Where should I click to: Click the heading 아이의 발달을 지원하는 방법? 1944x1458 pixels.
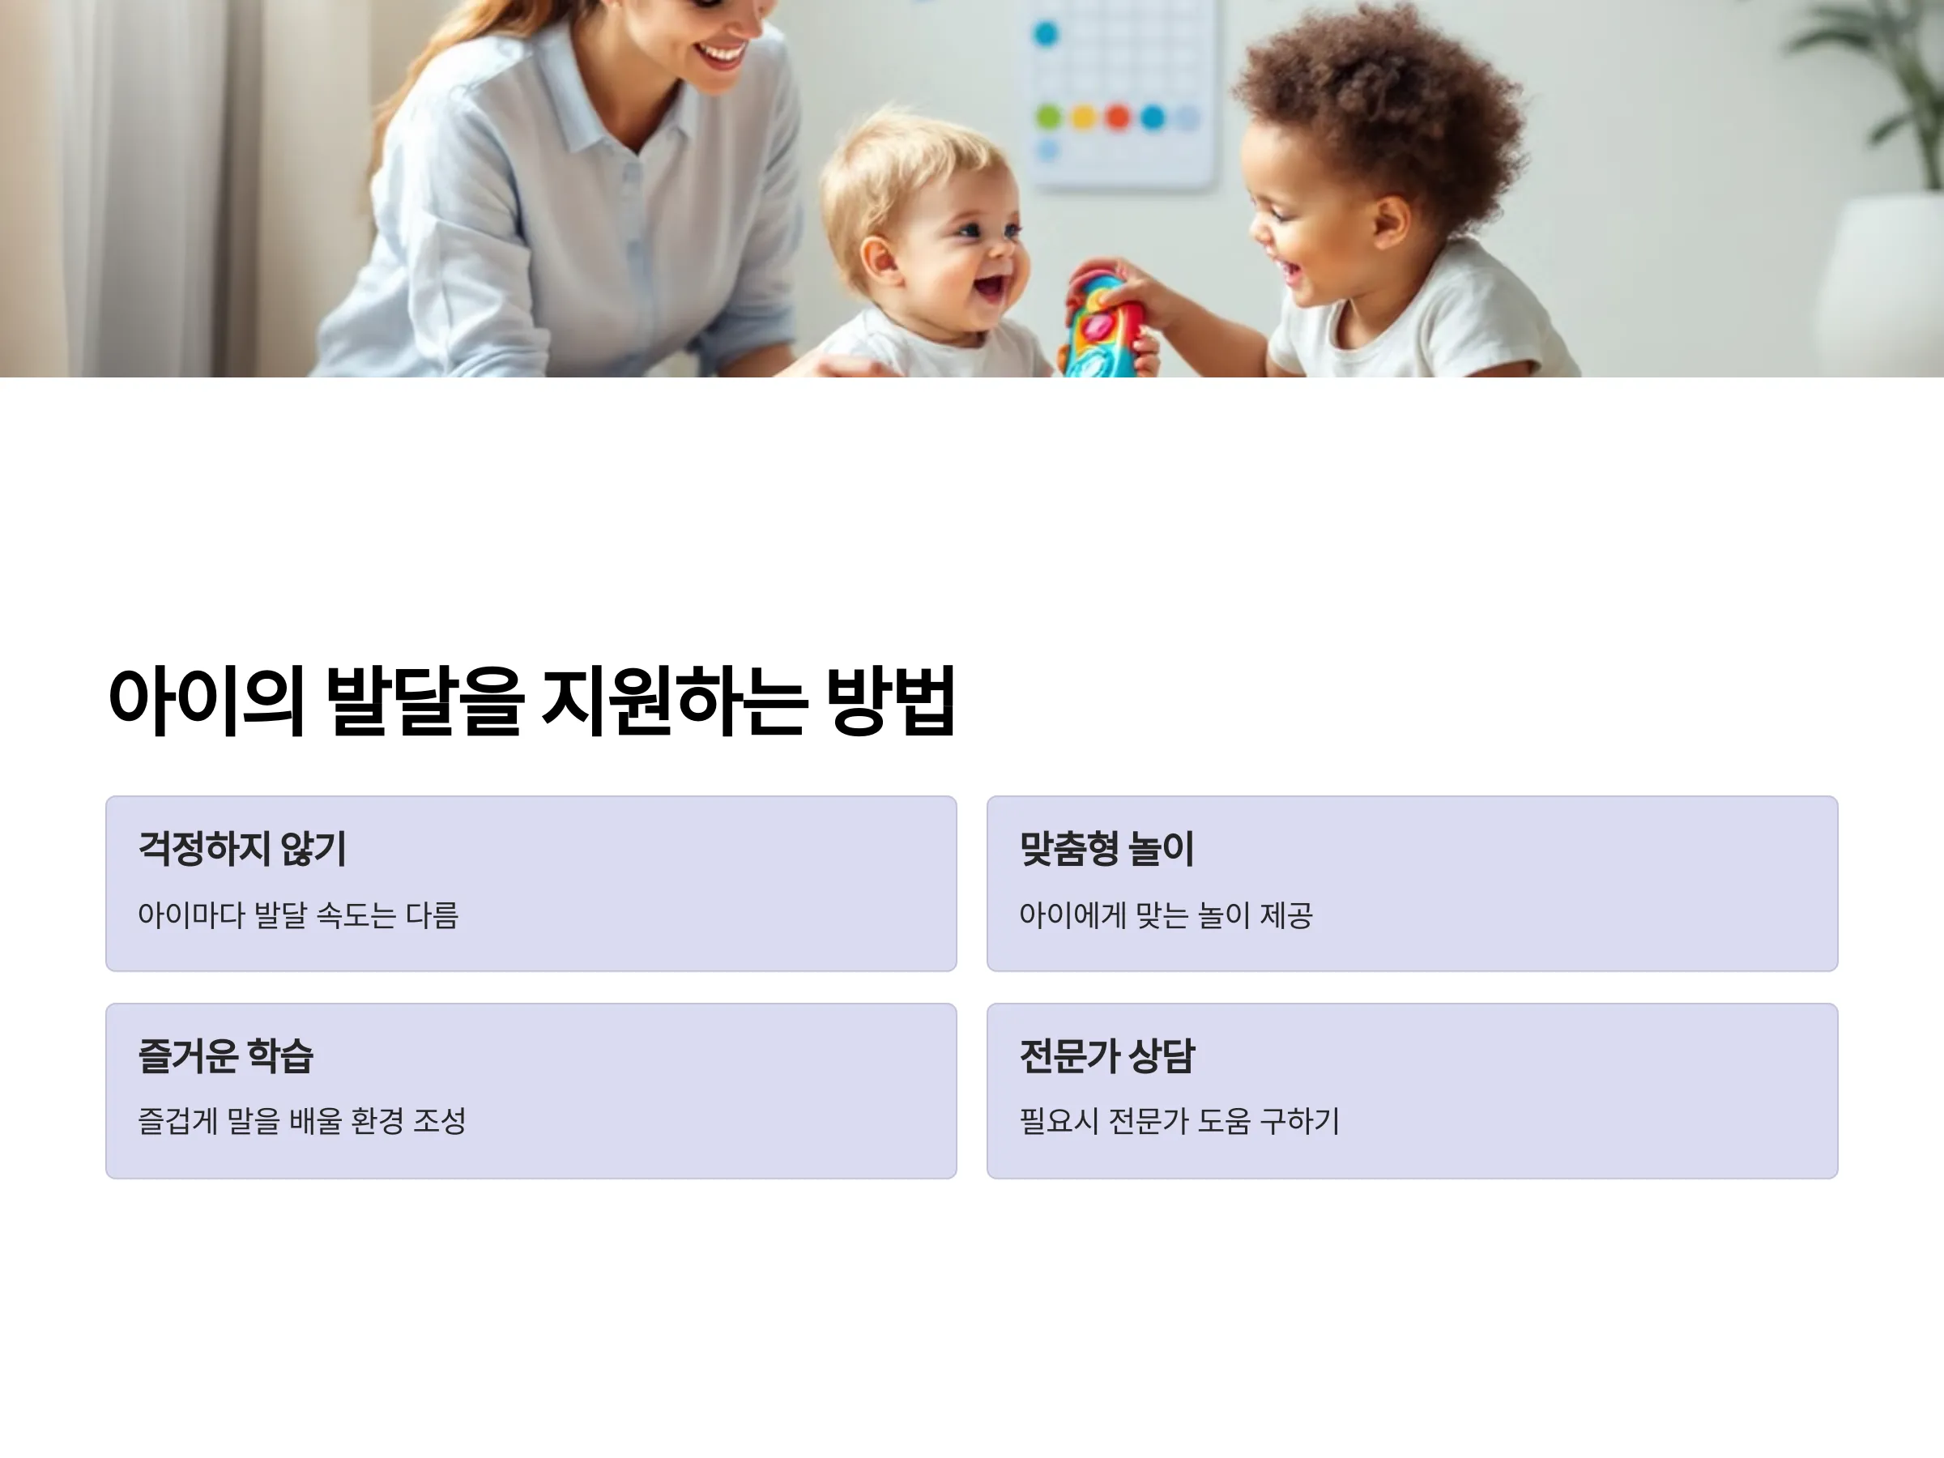pyautogui.click(x=531, y=701)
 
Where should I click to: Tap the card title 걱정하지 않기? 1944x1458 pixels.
pyautogui.click(x=242, y=849)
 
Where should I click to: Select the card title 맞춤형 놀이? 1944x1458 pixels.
pyautogui.click(x=1106, y=849)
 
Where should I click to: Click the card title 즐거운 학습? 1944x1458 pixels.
pyautogui.click(x=226, y=1055)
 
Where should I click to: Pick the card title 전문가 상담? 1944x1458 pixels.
pyautogui.click(x=1106, y=1055)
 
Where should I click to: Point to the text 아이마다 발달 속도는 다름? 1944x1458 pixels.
pyautogui.click(x=298, y=914)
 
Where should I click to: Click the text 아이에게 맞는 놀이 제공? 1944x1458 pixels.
pyautogui.click(x=1166, y=914)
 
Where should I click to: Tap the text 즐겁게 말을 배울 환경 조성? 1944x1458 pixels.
pyautogui.click(x=301, y=1120)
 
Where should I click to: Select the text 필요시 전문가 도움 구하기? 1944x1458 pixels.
pyautogui.click(x=1179, y=1120)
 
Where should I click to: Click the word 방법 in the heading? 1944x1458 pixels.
pyautogui.click(x=891, y=701)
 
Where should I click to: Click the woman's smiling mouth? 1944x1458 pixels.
pyautogui.click(x=721, y=55)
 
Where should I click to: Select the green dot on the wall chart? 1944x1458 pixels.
pyautogui.click(x=1048, y=116)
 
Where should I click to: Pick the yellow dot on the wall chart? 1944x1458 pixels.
pyautogui.click(x=1084, y=116)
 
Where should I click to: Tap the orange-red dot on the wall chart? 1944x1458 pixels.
pyautogui.click(x=1118, y=116)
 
